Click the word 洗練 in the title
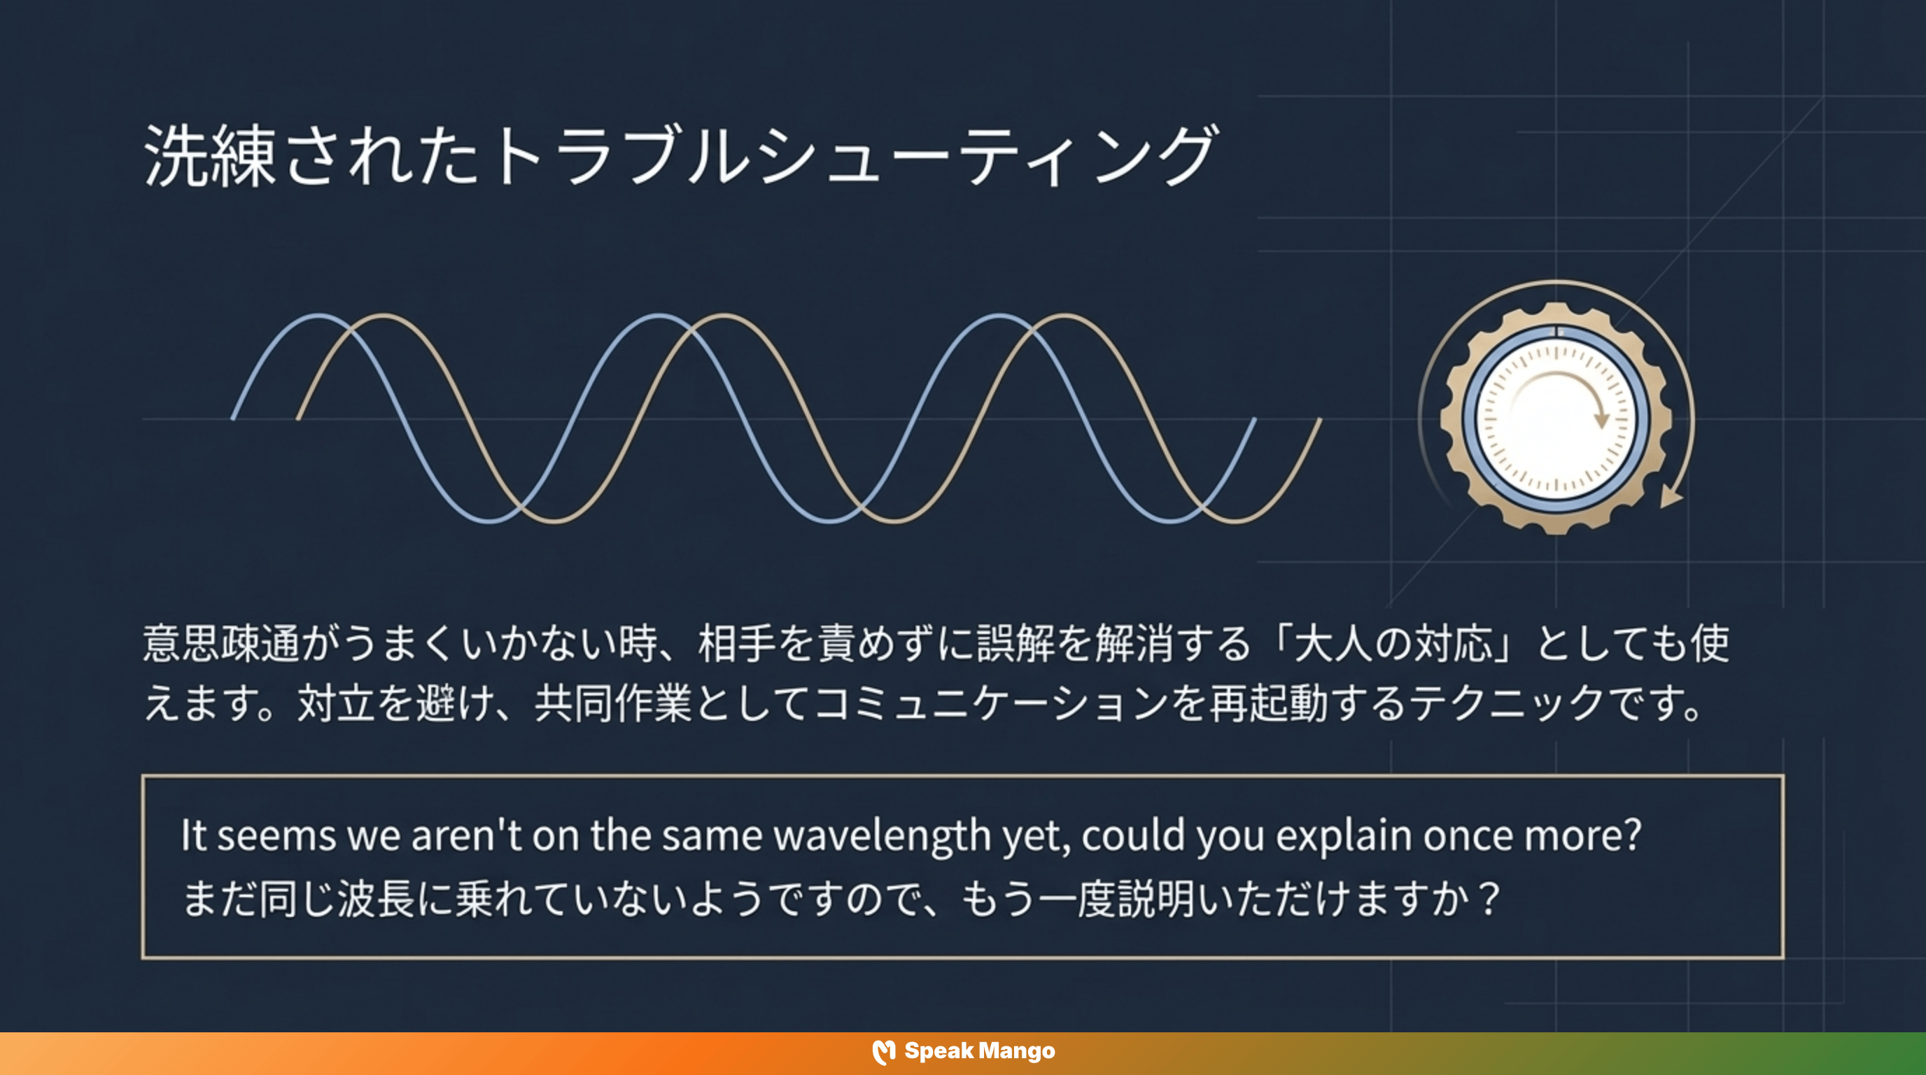click(x=209, y=156)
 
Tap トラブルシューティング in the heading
click(x=852, y=156)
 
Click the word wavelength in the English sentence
click(x=883, y=834)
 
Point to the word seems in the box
click(x=276, y=836)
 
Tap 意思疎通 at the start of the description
click(x=220, y=644)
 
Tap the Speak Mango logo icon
click(x=884, y=1052)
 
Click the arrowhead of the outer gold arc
click(x=1671, y=497)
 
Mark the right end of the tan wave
click(x=1320, y=420)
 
